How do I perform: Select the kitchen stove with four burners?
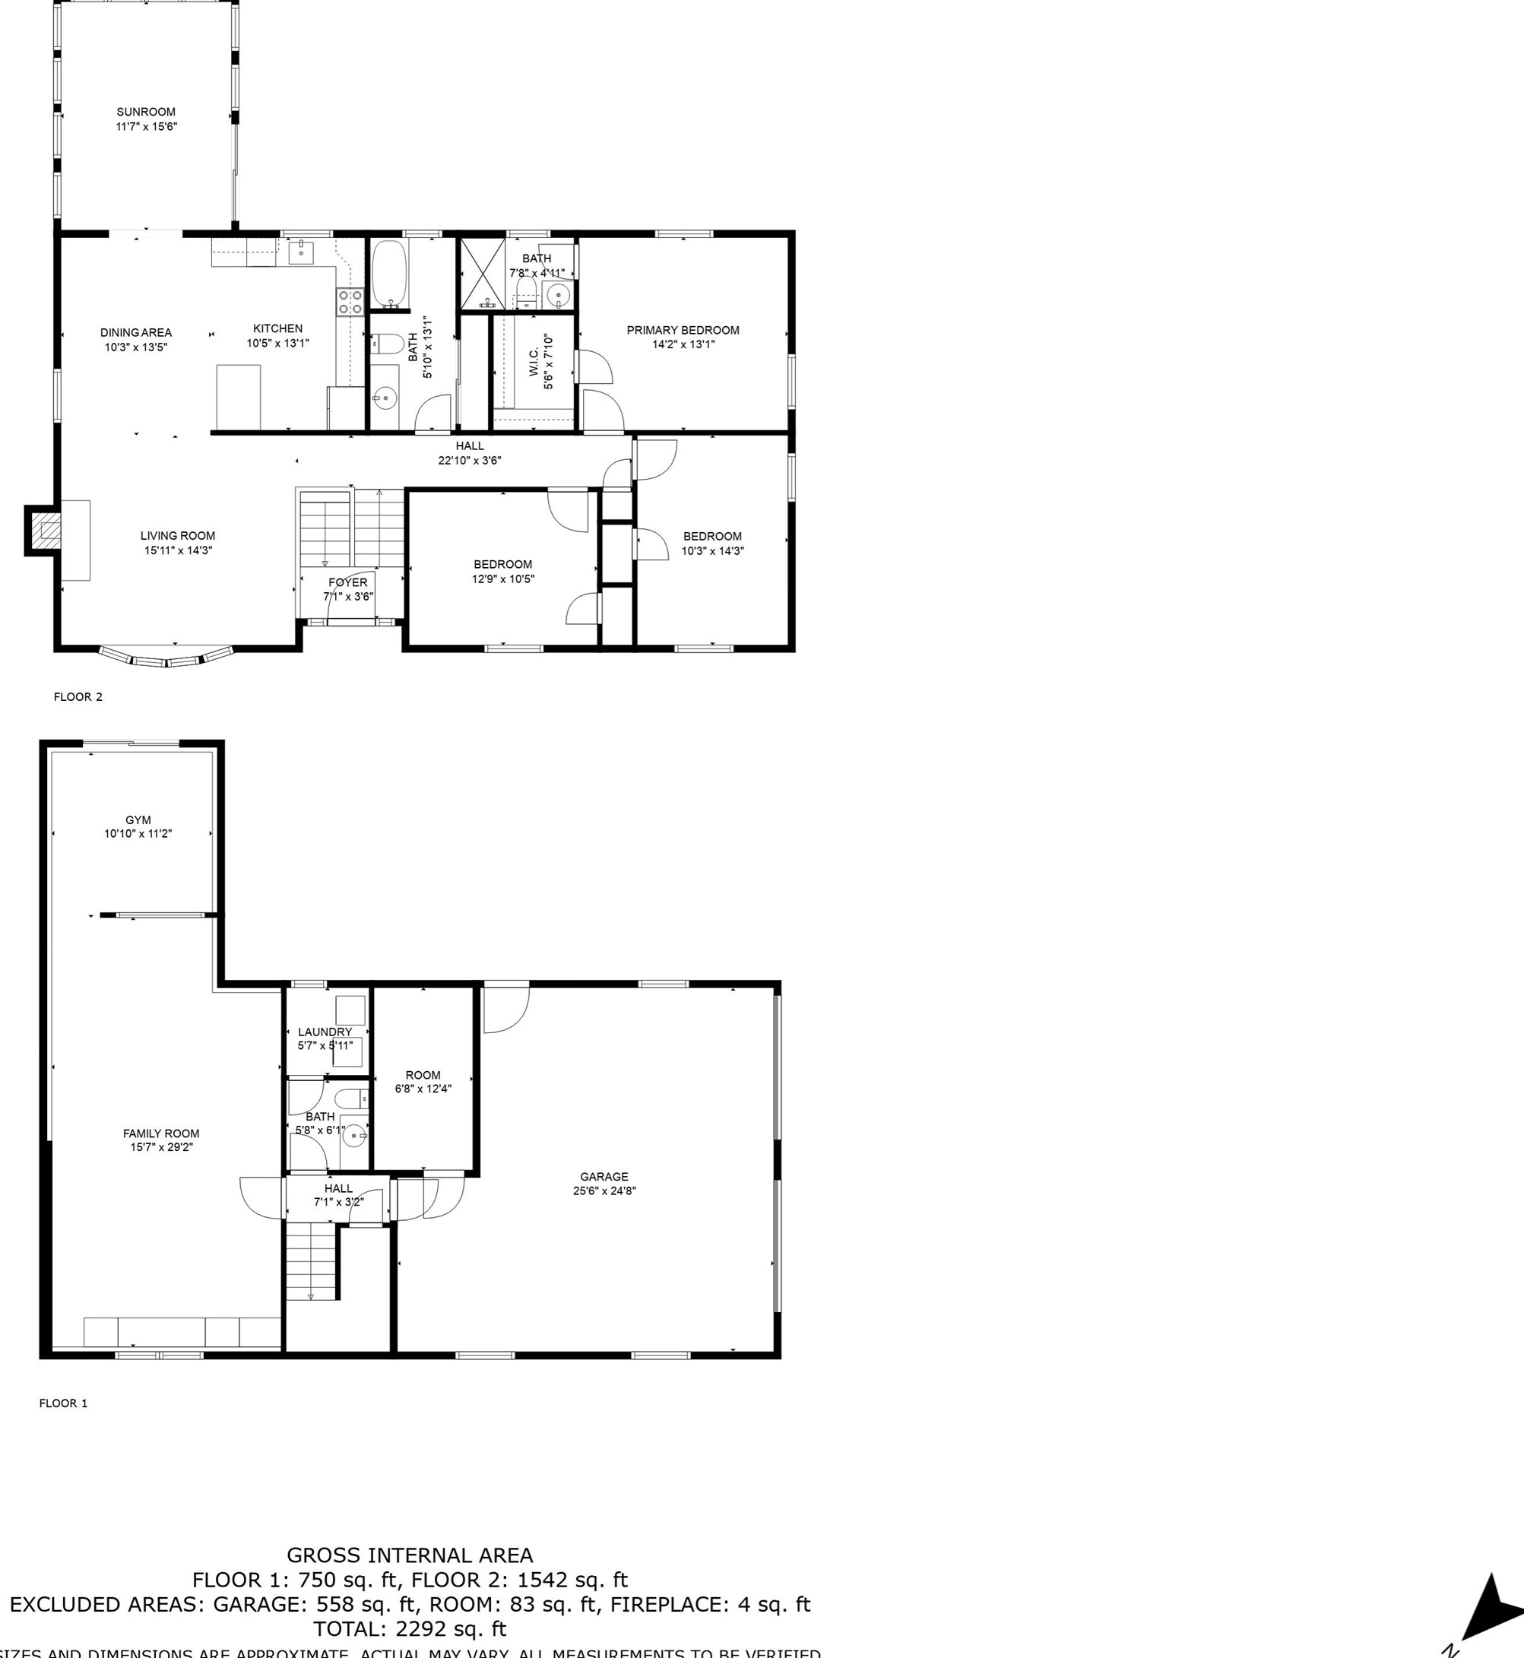[350, 302]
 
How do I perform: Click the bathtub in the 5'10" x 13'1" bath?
[388, 272]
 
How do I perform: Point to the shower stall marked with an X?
[482, 273]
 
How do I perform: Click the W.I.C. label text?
[534, 362]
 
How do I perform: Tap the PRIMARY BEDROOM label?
[683, 330]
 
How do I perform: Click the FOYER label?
[347, 582]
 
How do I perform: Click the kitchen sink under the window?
[302, 252]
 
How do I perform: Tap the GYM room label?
[138, 820]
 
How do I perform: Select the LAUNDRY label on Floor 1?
[324, 1032]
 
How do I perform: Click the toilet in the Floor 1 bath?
[350, 1098]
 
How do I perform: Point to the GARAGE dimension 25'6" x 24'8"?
[604, 1191]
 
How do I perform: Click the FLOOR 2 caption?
[78, 697]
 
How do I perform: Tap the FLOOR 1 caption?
[64, 1403]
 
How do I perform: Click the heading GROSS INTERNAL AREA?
[409, 1555]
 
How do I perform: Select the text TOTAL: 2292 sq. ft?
[409, 1629]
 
